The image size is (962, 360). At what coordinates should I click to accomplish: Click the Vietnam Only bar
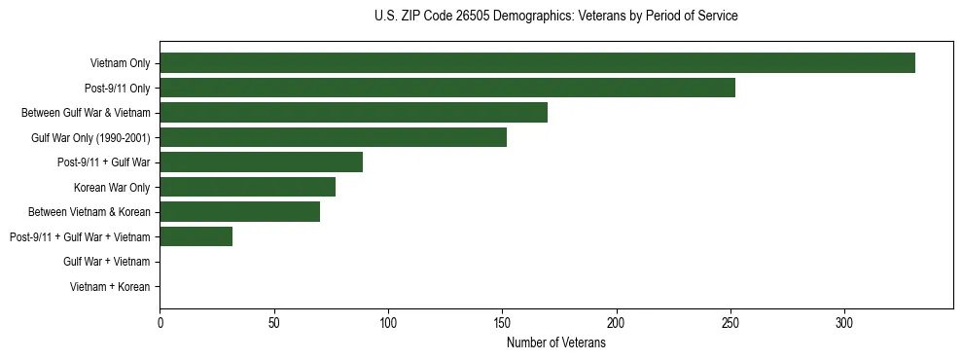(537, 63)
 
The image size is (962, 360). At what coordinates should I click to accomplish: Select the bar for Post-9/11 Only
(447, 88)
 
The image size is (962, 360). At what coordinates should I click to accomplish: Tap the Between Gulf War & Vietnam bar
(353, 113)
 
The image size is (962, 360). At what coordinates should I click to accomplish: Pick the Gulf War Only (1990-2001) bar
(333, 137)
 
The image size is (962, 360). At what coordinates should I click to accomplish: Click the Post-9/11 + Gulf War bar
(261, 162)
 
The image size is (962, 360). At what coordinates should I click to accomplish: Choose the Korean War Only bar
(247, 187)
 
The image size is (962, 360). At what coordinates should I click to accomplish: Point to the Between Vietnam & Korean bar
(239, 212)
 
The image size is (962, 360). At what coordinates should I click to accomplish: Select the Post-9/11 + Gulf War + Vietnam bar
(196, 236)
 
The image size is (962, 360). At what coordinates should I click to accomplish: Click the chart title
(555, 17)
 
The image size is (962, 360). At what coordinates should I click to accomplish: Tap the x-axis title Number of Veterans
(555, 342)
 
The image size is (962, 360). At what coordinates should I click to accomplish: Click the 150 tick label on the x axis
(502, 323)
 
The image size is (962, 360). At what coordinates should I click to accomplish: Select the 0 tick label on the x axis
(160, 323)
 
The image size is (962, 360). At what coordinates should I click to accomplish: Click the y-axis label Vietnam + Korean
(110, 287)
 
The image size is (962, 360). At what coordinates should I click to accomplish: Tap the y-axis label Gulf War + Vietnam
(106, 262)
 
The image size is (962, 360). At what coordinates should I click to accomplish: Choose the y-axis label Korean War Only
(112, 187)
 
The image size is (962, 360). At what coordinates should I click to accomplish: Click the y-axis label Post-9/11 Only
(117, 88)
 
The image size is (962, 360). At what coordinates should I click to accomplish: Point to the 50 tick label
(273, 323)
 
